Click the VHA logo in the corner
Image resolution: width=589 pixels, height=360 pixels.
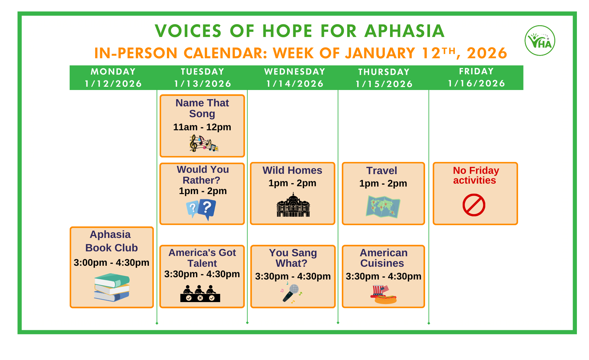pyautogui.click(x=540, y=41)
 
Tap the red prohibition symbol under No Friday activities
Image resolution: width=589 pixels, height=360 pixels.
pyautogui.click(x=474, y=205)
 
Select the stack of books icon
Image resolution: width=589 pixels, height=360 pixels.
pyautogui.click(x=112, y=287)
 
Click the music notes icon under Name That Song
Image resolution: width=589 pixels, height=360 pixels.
pyautogui.click(x=204, y=143)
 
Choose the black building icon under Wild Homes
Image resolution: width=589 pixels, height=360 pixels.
pyautogui.click(x=293, y=205)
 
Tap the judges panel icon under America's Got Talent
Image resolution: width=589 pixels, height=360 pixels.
pyautogui.click(x=200, y=294)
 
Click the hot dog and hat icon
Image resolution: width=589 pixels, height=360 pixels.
pyautogui.click(x=384, y=295)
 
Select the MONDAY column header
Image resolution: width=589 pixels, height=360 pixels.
pyautogui.click(x=113, y=72)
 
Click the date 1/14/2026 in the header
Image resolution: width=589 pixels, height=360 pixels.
pyautogui.click(x=295, y=84)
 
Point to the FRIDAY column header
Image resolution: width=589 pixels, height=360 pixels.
pyautogui.click(x=476, y=71)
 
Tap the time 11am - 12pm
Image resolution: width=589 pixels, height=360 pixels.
pyautogui.click(x=202, y=127)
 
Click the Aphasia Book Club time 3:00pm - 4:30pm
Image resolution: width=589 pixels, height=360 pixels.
pyautogui.click(x=112, y=262)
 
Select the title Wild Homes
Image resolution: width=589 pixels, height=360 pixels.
pyautogui.click(x=292, y=170)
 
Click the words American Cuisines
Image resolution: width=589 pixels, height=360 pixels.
pyautogui.click(x=384, y=258)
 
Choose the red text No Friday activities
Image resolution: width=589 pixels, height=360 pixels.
pyautogui.click(x=476, y=175)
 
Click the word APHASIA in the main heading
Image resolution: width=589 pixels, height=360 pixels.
pyautogui.click(x=404, y=31)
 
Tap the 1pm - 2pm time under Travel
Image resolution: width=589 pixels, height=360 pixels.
pyautogui.click(x=383, y=183)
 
